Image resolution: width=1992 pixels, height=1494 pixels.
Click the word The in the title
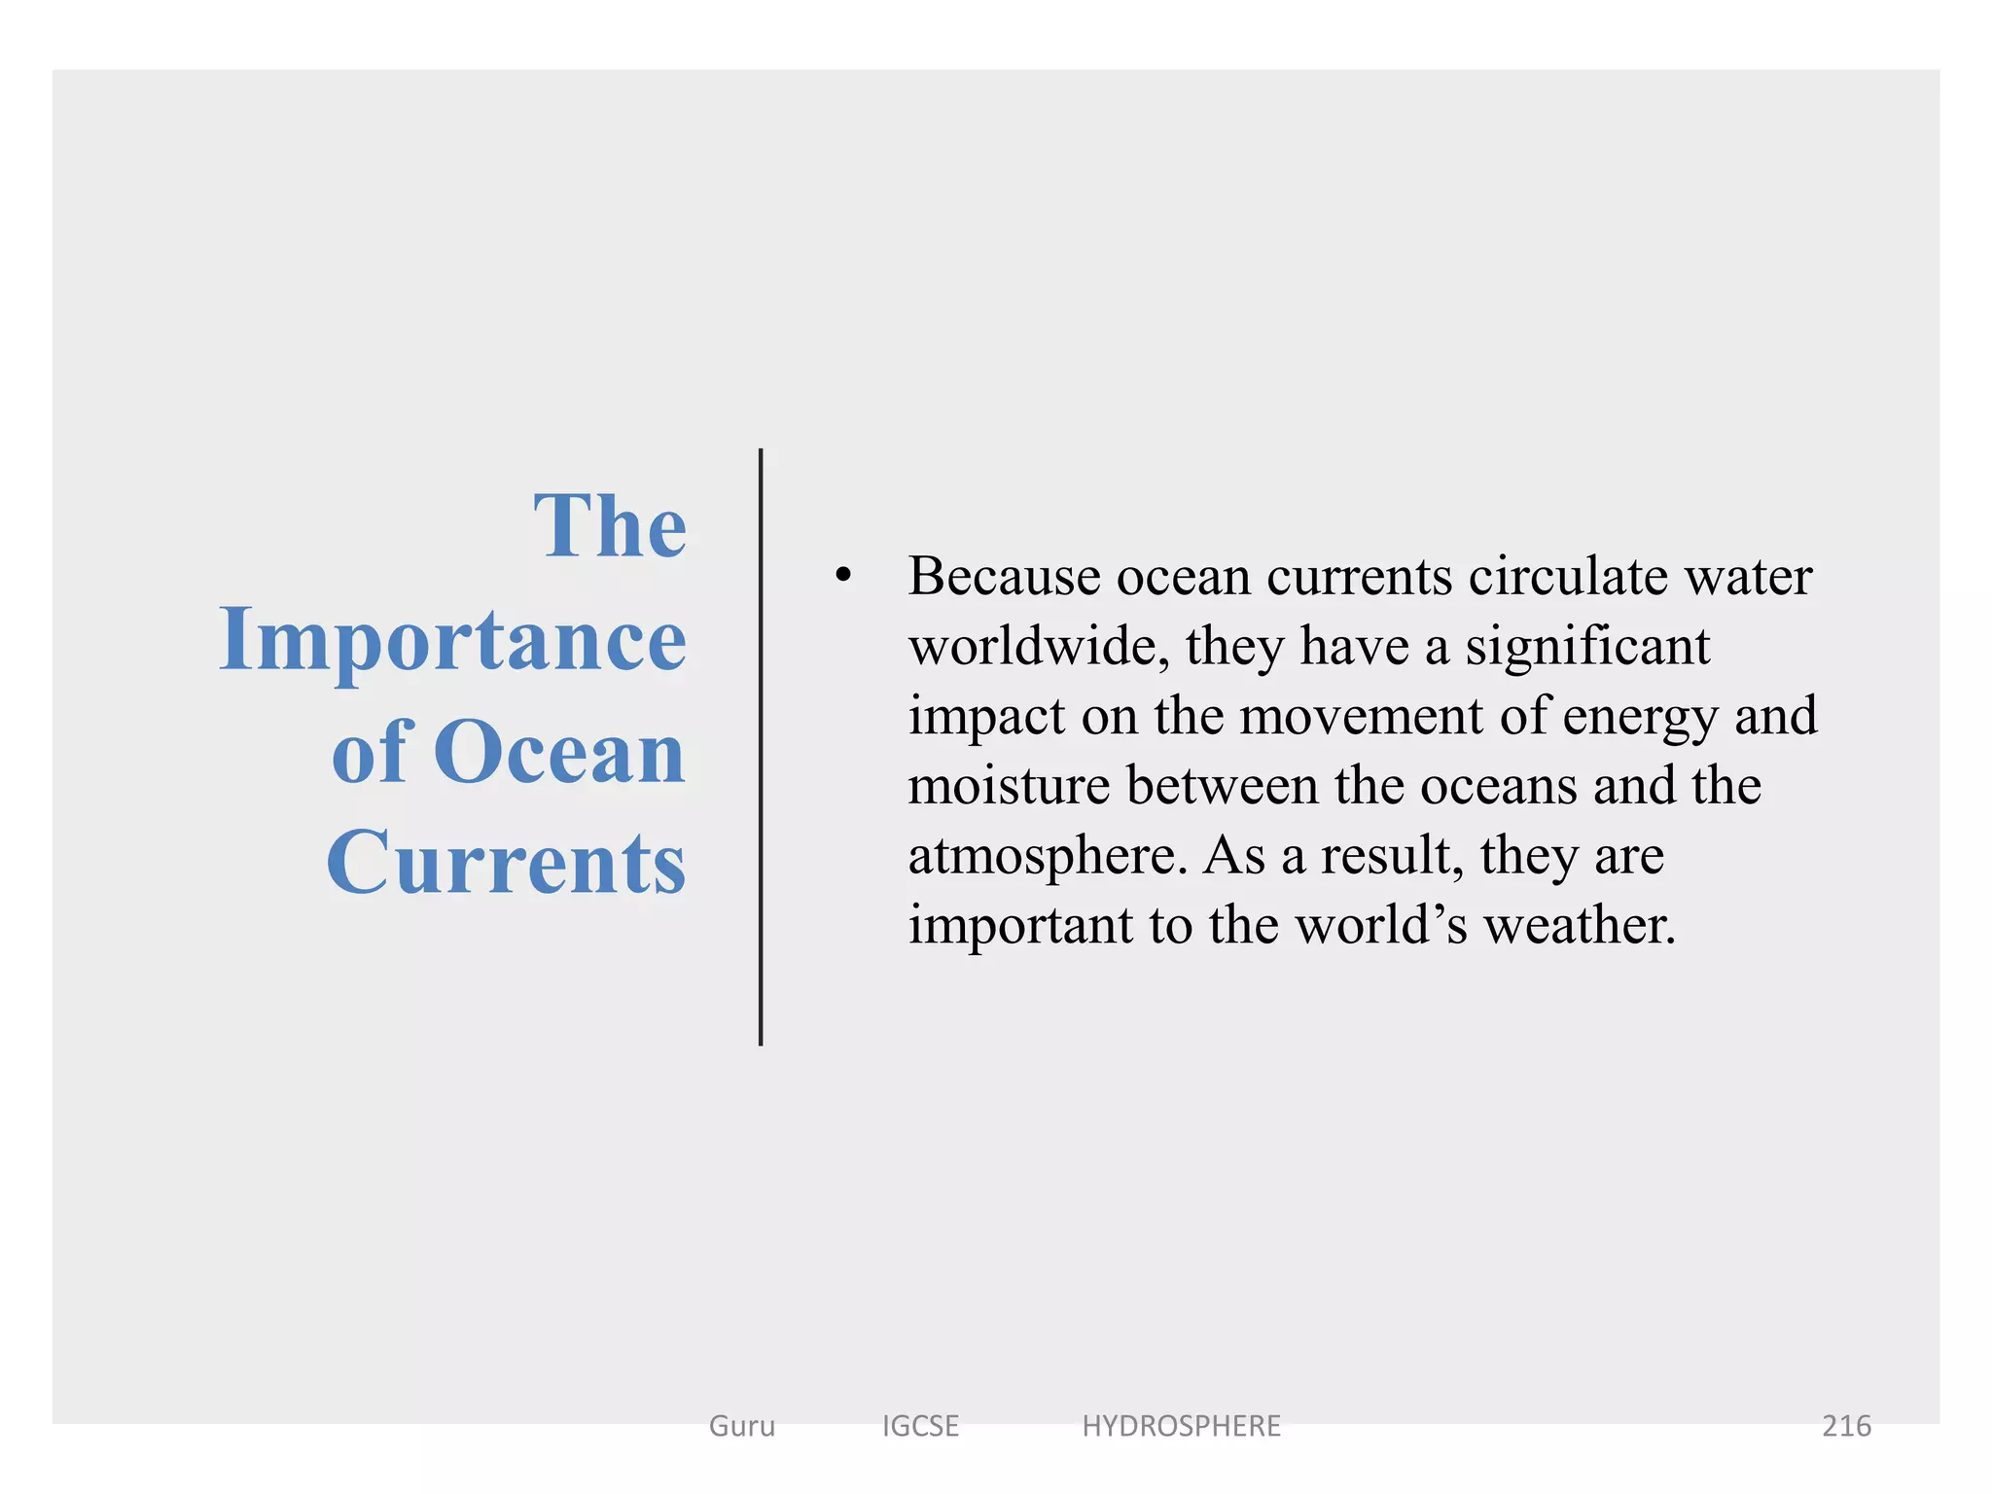tap(610, 527)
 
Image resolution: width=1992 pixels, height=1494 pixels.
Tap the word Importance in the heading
tap(453, 640)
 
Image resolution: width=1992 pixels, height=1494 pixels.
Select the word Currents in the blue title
tap(506, 863)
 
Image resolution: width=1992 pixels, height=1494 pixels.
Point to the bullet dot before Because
tap(843, 576)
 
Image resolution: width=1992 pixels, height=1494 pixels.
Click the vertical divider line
tap(761, 747)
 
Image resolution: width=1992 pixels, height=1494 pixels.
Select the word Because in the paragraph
tap(1004, 576)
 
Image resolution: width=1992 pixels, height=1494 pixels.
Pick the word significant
tap(1587, 646)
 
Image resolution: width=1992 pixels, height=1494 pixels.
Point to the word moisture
tap(1009, 786)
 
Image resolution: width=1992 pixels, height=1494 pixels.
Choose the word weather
tap(1580, 925)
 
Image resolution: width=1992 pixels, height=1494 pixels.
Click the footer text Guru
tap(742, 1426)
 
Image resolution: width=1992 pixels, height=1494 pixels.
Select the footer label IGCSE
tap(920, 1426)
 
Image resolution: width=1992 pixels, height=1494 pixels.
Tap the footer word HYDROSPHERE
tap(1181, 1426)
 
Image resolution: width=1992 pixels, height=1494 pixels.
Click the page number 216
tap(1846, 1426)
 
